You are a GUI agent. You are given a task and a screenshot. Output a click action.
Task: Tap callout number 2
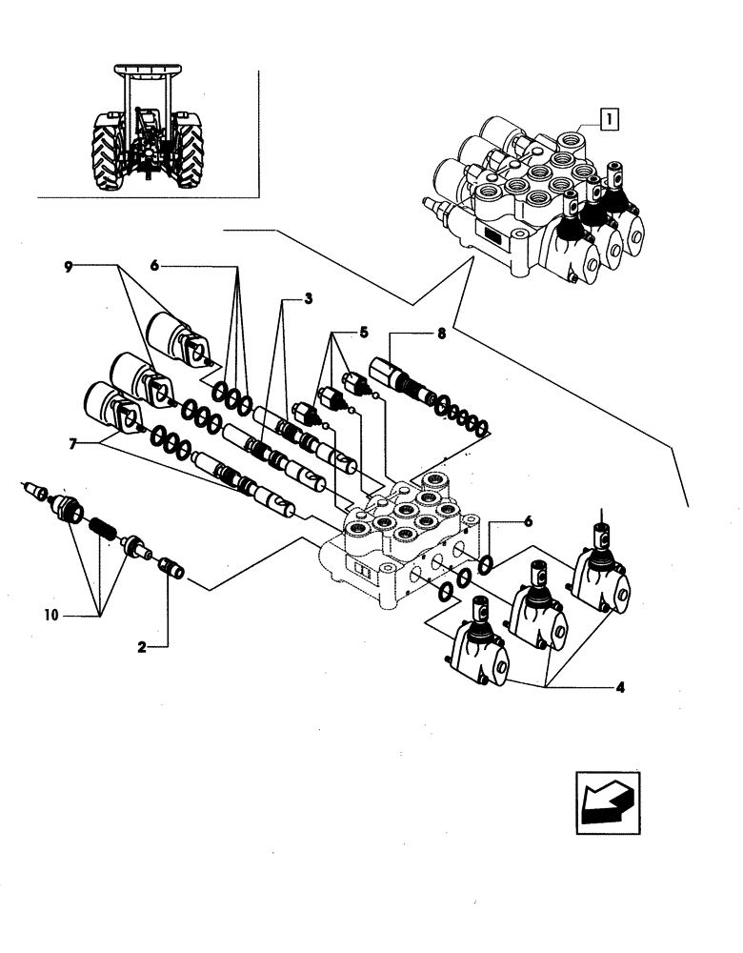[x=141, y=647]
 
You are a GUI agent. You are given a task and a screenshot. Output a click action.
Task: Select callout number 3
[x=309, y=299]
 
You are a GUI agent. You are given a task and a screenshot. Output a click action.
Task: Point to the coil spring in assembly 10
[x=100, y=525]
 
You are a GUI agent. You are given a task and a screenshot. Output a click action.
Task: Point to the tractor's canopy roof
[x=148, y=71]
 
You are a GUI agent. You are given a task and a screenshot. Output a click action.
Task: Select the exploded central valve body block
[x=400, y=543]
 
